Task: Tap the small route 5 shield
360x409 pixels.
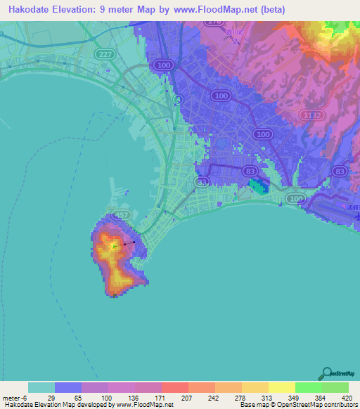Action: coord(179,100)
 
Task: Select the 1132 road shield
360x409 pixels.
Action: coord(313,115)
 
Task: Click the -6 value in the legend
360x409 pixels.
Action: coord(25,398)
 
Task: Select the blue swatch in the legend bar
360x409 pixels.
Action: coord(68,387)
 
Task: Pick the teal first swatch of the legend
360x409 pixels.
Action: coord(41,387)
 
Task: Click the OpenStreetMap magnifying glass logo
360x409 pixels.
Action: coord(327,374)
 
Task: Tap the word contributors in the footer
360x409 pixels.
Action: coord(340,405)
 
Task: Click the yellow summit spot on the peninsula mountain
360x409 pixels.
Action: coord(115,247)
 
